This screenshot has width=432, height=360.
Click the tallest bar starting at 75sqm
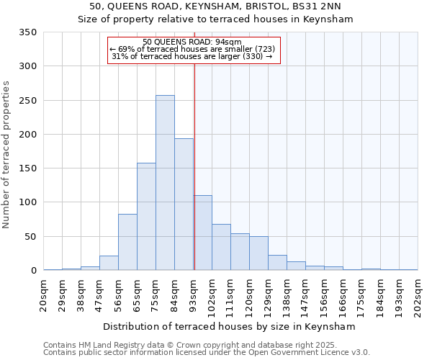click(165, 183)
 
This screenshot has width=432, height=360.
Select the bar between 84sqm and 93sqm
click(184, 204)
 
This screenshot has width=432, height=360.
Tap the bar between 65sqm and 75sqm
click(146, 217)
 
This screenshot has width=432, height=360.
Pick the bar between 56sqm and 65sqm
click(127, 243)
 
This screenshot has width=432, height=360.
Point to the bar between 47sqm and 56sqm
click(109, 264)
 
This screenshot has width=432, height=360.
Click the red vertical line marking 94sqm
click(194, 166)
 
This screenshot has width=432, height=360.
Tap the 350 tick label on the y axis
click(27, 32)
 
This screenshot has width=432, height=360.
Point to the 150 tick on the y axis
click(27, 168)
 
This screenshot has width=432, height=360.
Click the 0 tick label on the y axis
click(33, 271)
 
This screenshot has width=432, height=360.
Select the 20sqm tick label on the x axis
click(44, 293)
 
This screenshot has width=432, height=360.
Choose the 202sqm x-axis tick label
click(418, 295)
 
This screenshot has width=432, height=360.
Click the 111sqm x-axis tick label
click(231, 295)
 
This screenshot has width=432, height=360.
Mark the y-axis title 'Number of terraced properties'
click(7, 154)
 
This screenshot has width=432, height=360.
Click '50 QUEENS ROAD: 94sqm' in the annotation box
click(192, 42)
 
